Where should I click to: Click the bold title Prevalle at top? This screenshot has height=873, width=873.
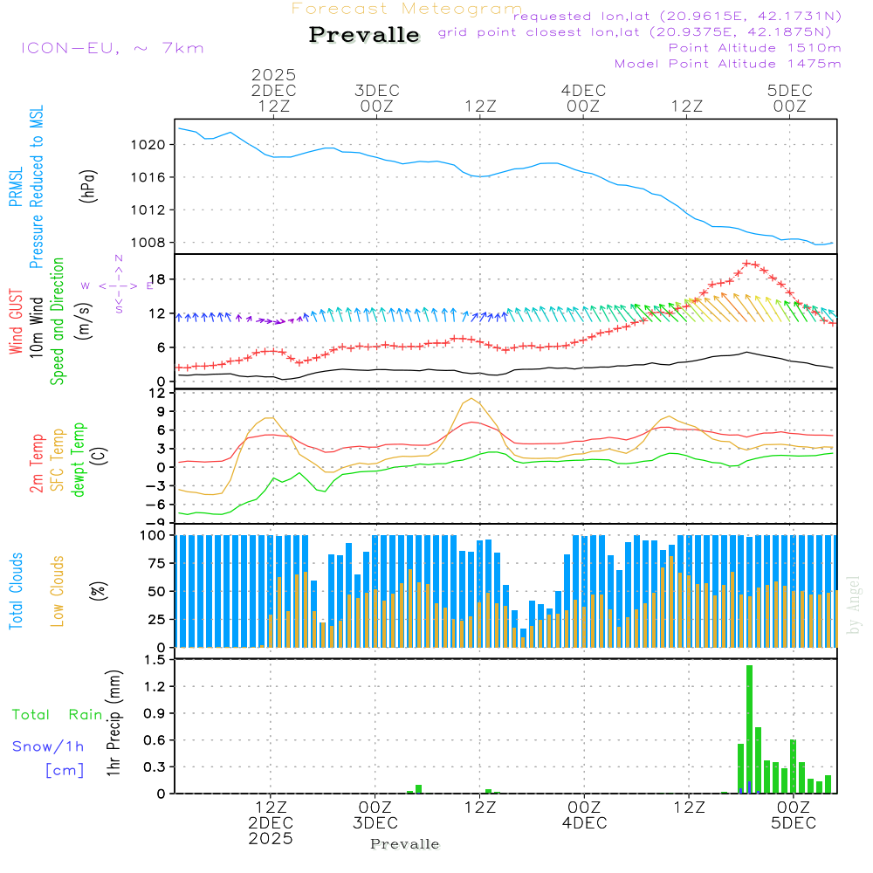(364, 35)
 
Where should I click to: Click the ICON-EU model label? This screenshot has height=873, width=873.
(112, 48)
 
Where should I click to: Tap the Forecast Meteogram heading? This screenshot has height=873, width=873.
(407, 9)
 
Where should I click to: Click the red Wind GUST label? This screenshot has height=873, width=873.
(15, 323)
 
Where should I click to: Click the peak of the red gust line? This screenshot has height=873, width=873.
(747, 262)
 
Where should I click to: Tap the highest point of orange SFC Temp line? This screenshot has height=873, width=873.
(472, 399)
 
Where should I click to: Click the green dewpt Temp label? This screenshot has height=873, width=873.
(79, 460)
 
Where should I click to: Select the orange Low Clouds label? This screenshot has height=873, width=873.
(58, 591)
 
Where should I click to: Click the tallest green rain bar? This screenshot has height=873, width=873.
(749, 729)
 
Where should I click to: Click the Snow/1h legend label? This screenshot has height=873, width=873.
(48, 746)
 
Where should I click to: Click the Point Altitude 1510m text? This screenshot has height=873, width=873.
(754, 48)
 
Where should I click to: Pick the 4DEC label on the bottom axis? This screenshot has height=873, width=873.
(584, 823)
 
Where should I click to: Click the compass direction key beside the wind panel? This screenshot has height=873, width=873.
(118, 285)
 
